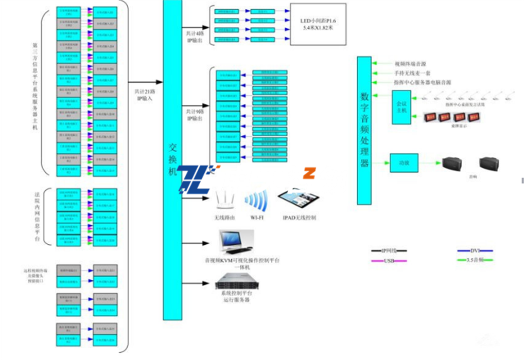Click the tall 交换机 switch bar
pyautogui.click(x=172, y=159)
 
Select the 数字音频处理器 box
pyautogui.click(x=364, y=130)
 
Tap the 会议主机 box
pyautogui.click(x=401, y=107)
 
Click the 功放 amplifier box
pyautogui.click(x=404, y=163)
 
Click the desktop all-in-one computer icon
pyautogui.click(x=236, y=242)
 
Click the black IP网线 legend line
pyautogui.click(x=389, y=251)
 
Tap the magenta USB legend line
pyautogui.click(x=389, y=261)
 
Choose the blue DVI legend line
pyautogui.click(x=475, y=251)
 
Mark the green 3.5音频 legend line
pyautogui.click(x=475, y=261)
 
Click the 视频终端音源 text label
pyautogui.click(x=410, y=64)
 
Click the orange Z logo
pyautogui.click(x=309, y=173)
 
